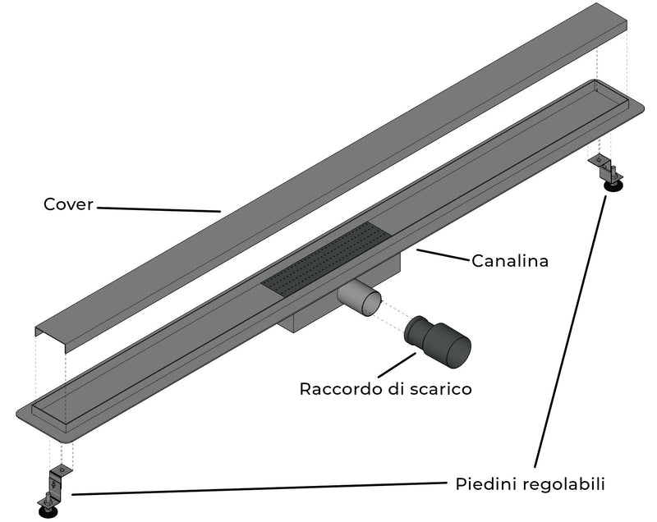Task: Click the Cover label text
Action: pos(68,204)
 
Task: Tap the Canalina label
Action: pos(509,261)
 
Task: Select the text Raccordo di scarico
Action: pos(385,388)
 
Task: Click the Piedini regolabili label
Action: pos(530,484)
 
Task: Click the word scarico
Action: pos(442,388)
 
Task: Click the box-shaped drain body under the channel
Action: pos(312,316)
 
